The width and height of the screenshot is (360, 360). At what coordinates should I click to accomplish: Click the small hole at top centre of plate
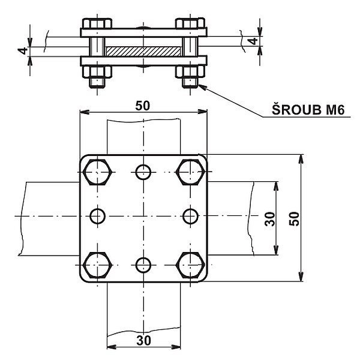(143, 172)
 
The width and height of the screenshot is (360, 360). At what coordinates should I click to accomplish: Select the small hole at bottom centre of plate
(143, 265)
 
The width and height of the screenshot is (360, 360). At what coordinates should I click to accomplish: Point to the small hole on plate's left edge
(98, 215)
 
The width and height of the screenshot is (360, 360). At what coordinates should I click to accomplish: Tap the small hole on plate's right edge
(190, 215)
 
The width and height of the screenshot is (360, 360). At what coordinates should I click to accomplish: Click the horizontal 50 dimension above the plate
(143, 106)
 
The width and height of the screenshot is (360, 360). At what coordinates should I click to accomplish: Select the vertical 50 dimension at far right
(294, 218)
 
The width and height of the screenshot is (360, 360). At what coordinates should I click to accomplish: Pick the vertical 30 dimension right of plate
(271, 218)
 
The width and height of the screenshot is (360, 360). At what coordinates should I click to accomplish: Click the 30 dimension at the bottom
(143, 340)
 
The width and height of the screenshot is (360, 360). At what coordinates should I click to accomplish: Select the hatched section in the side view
(143, 46)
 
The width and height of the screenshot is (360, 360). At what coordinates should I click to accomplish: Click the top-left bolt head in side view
(97, 23)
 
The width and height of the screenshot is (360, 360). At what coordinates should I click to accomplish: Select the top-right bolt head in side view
(190, 23)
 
